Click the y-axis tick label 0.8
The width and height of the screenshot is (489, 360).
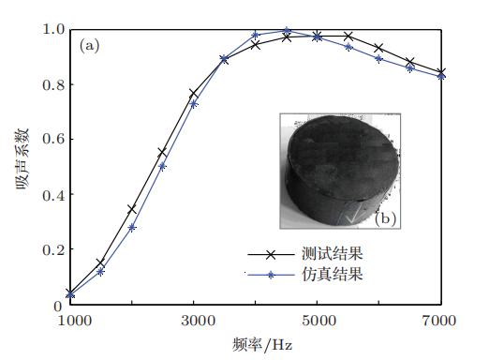coord(53,84)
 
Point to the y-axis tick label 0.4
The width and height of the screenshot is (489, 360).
coord(53,195)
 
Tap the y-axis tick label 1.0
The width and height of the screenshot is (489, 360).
coord(53,29)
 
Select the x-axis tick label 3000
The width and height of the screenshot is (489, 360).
coord(198,321)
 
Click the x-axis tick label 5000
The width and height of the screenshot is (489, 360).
coord(319,321)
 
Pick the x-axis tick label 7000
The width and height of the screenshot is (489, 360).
coord(439,321)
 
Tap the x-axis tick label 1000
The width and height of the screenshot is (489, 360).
coord(75,321)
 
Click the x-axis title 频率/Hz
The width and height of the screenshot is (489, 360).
coord(262,345)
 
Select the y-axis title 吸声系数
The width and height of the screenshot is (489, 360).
coord(22,158)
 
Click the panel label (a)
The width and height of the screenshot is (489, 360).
coord(89,46)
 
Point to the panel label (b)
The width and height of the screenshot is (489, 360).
coord(385,218)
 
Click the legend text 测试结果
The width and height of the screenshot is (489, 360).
coord(333,253)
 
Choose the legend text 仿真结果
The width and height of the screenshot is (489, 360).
coord(333,274)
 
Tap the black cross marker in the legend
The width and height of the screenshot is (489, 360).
coord(271,254)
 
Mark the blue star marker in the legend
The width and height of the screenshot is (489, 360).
coord(271,275)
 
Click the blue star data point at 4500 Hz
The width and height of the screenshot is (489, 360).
coord(287,31)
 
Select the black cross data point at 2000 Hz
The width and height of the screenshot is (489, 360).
coord(132,209)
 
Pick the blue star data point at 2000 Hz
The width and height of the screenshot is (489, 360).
coord(132,227)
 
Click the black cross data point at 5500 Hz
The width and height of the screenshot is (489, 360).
coord(348,37)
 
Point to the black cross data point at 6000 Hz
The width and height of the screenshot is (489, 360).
coord(378,48)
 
